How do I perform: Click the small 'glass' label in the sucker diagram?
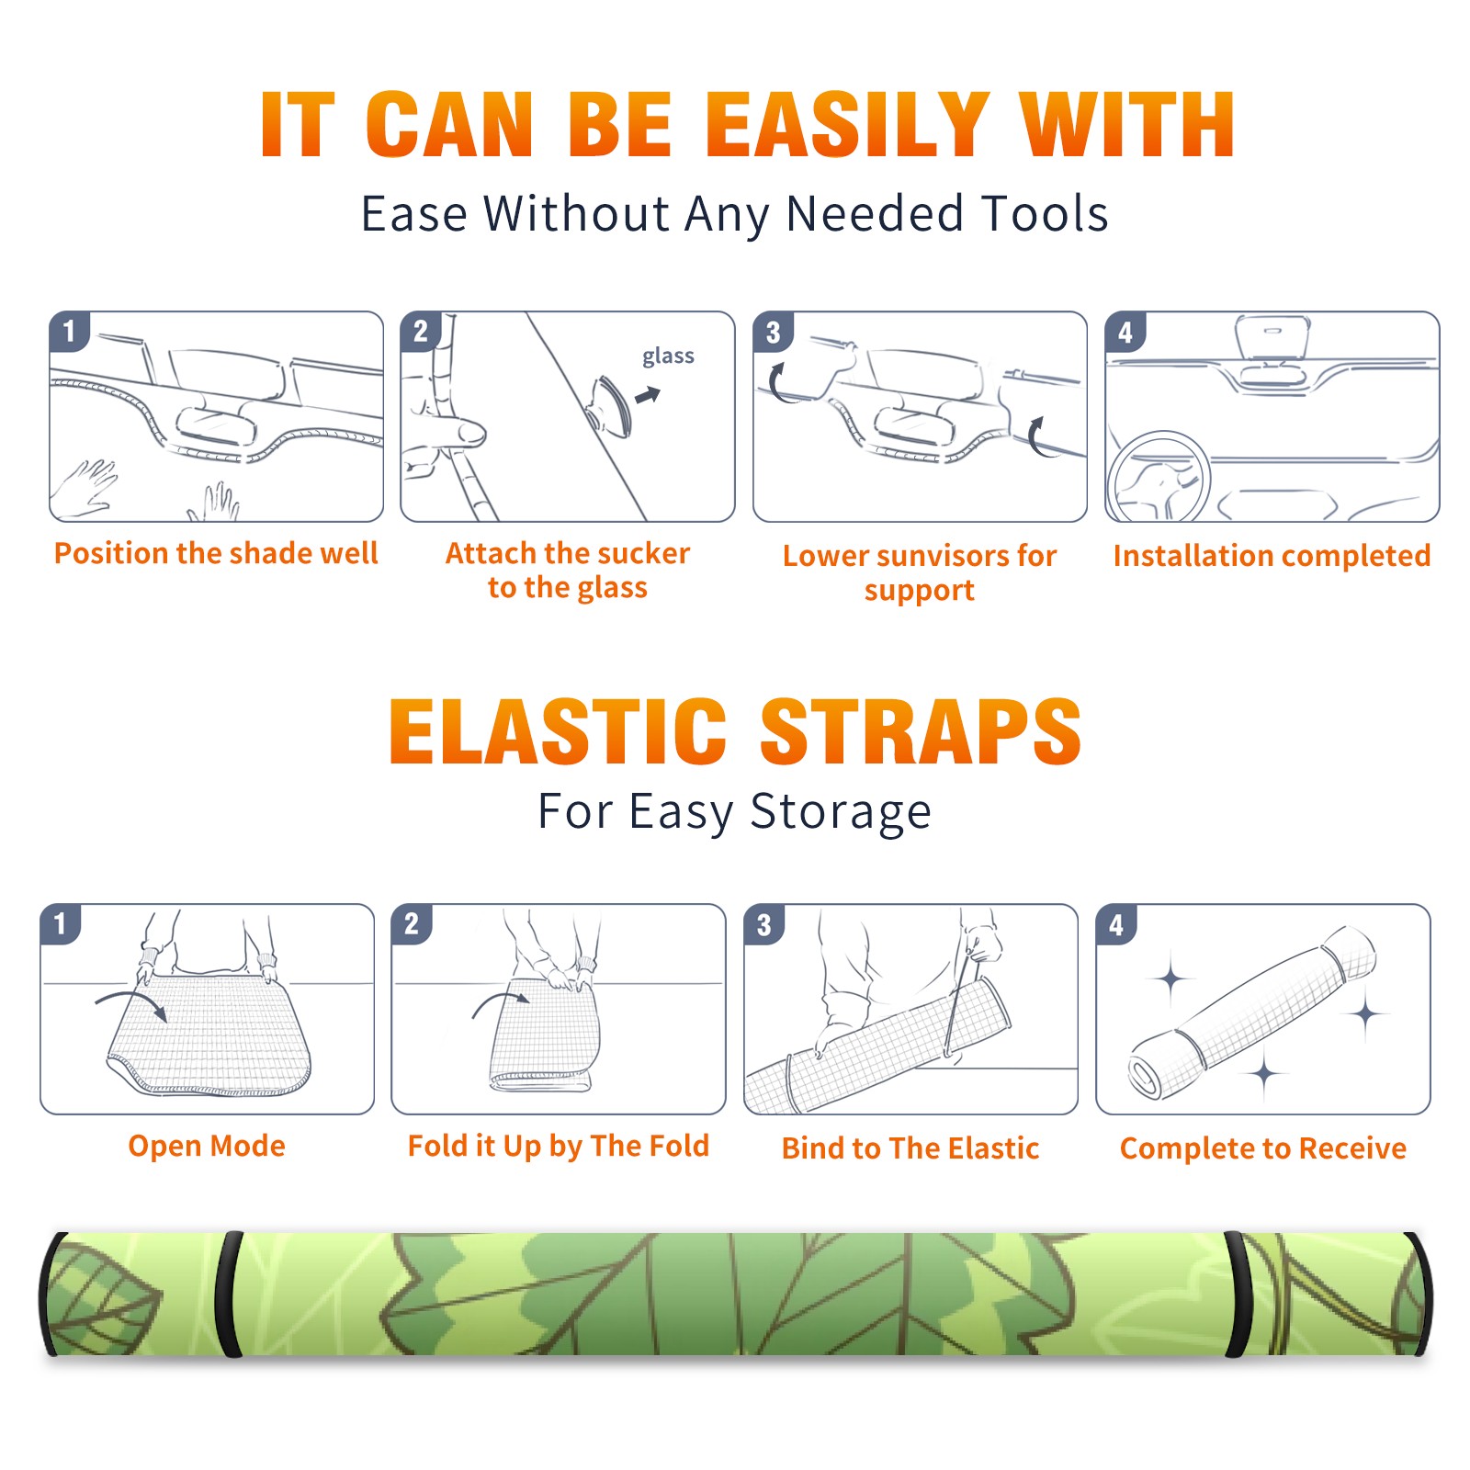668,356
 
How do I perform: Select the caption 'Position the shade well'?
216,553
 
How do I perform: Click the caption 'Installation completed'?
1272,555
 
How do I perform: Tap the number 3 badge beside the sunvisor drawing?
773,333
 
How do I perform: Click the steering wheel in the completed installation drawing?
1159,478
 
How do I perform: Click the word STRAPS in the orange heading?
921,731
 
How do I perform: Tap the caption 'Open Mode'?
207,1146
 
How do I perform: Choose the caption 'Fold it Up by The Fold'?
559,1146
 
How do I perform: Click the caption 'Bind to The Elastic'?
910,1148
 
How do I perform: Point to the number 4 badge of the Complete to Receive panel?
1116,924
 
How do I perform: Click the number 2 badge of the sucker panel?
421,332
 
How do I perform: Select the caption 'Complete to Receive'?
1263,1148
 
